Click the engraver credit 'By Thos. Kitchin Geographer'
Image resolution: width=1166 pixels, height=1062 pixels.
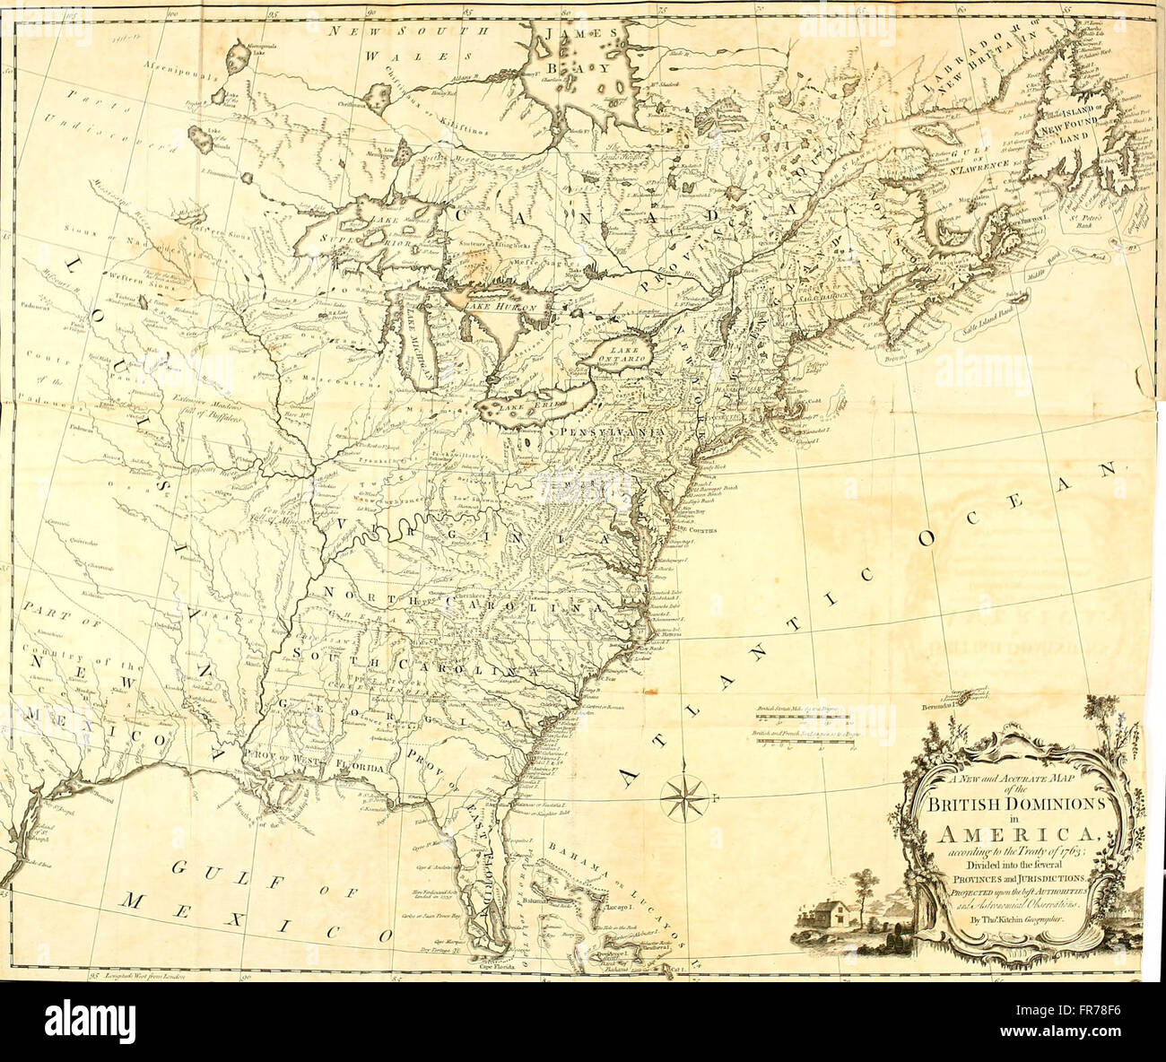point(1011,920)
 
